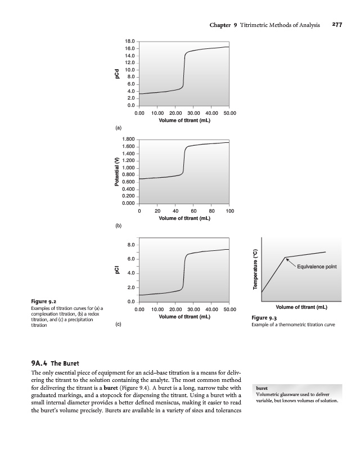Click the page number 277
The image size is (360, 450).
tap(337, 25)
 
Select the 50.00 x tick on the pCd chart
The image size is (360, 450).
tap(229, 113)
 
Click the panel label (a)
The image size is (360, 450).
tap(118, 128)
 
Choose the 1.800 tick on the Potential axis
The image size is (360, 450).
tap(128, 139)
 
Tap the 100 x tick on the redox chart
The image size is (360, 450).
tap(229, 211)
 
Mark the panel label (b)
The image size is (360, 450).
tap(118, 226)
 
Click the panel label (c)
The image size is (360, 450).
tap(118, 325)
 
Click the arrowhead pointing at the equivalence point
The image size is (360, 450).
tap(287, 259)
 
